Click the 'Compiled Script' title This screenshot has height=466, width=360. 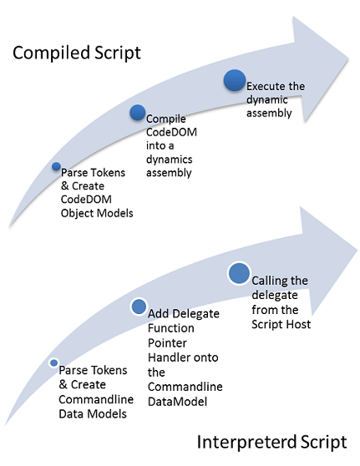click(76, 53)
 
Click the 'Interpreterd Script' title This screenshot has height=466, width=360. click(271, 442)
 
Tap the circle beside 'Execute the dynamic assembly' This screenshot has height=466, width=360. click(235, 80)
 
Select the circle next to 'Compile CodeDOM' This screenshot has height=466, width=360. click(138, 113)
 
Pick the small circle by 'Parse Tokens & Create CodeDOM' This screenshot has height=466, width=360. click(56, 166)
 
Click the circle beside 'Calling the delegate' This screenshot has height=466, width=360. click(239, 273)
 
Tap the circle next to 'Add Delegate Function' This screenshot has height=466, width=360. click(139, 306)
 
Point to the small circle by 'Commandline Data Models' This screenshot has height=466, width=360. click(53, 363)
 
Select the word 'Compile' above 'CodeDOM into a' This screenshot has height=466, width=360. click(166, 119)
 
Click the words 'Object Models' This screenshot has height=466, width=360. click(97, 213)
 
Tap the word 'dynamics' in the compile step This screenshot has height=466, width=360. click(170, 160)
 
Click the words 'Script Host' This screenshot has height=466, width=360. click(281, 324)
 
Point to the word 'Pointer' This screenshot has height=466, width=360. click(167, 343)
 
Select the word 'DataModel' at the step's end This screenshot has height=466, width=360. click(177, 402)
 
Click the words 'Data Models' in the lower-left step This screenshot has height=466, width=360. click(93, 413)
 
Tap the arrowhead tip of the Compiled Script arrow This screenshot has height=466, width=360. click(348, 58)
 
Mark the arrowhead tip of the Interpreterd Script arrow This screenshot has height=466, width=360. click(357, 249)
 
